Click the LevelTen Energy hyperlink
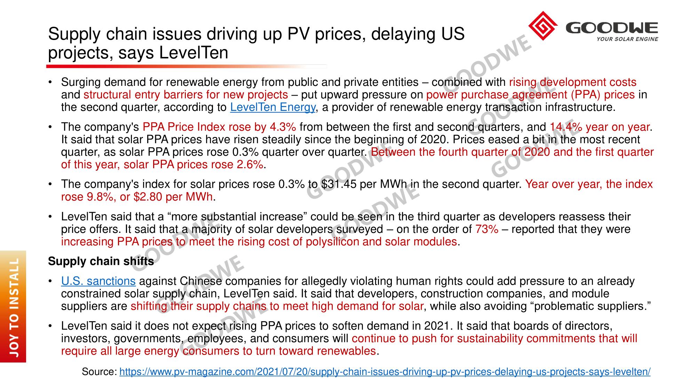(272, 107)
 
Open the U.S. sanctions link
(98, 281)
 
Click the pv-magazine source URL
(385, 372)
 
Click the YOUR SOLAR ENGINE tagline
(627, 39)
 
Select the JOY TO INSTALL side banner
(13, 307)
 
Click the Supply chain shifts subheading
(101, 261)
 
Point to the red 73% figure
(487, 229)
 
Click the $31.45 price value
(339, 184)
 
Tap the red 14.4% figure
(565, 127)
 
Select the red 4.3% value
(283, 127)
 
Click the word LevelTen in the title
(193, 53)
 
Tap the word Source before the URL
(99, 372)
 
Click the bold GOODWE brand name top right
(611, 28)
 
